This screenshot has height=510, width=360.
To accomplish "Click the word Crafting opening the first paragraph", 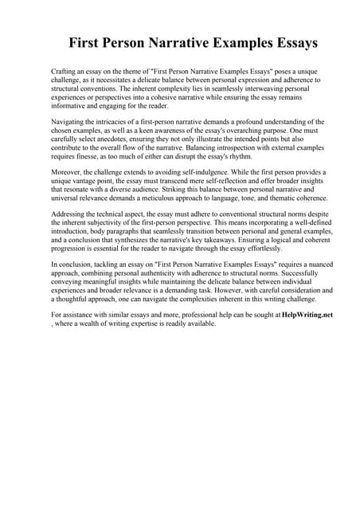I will (65, 72).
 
